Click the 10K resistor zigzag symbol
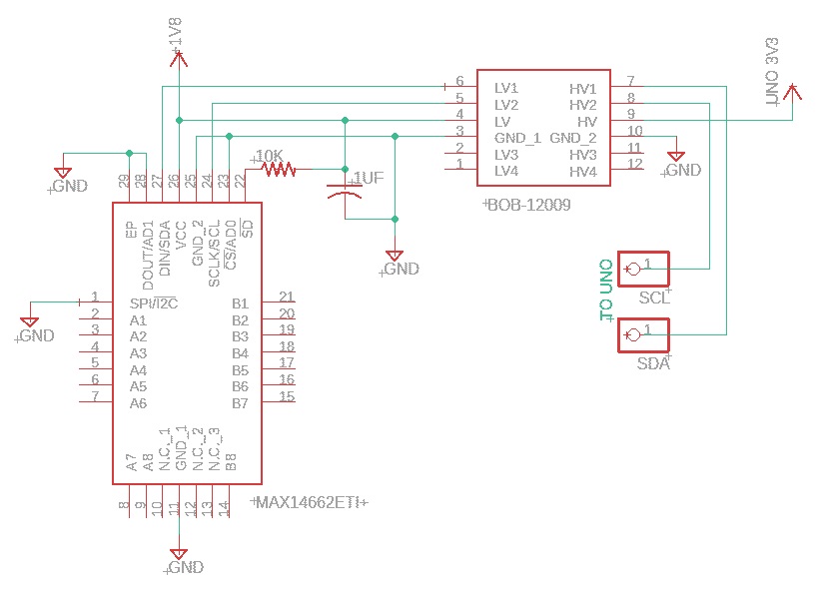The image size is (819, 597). coord(280,170)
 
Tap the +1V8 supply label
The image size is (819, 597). coord(177,36)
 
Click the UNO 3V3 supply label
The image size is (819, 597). coord(770,73)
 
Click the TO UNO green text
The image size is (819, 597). coord(605,291)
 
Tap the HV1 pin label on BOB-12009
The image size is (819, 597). coord(582,88)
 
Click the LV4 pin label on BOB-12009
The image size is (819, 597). coord(506,171)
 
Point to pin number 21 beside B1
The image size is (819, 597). coord(287,297)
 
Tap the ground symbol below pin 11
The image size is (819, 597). coord(178,554)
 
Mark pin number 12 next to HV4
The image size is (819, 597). coord(634,163)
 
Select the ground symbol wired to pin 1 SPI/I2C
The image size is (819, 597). coord(30,322)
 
